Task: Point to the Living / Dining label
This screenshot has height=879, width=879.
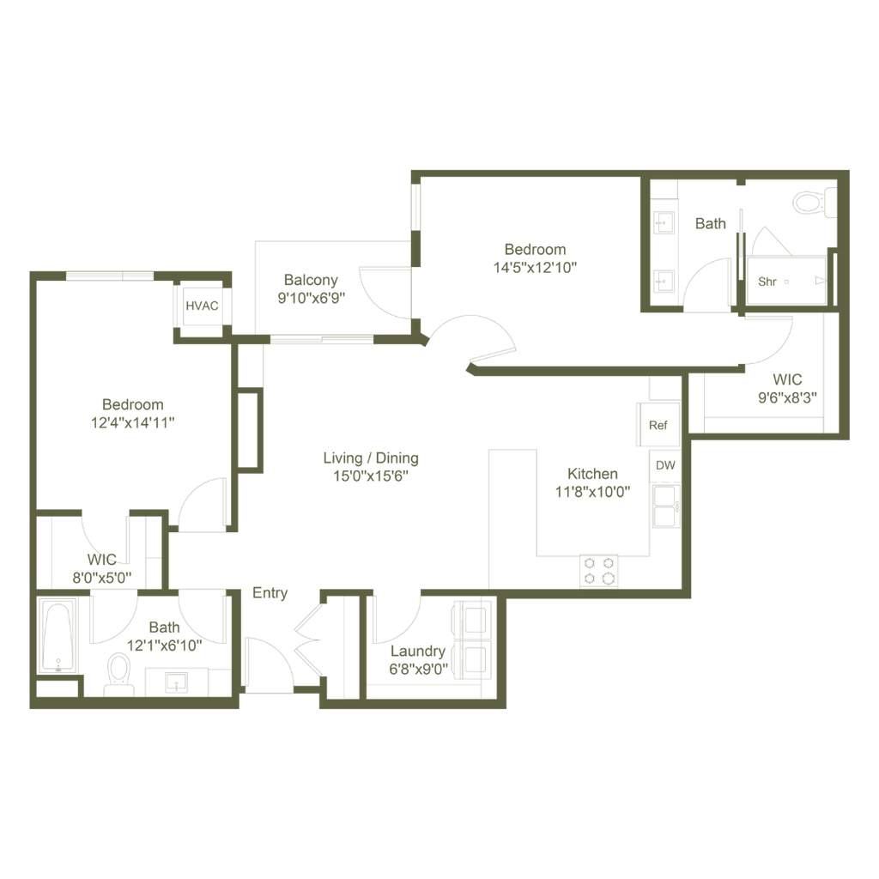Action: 370,458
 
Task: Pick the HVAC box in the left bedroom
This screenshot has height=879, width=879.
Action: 203,304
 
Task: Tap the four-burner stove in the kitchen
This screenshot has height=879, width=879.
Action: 600,567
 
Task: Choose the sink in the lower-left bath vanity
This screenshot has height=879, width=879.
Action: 178,683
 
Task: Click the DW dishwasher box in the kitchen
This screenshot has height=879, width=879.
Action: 664,464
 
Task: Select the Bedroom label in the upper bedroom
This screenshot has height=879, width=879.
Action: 535,249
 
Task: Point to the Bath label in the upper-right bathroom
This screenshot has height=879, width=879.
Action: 710,223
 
